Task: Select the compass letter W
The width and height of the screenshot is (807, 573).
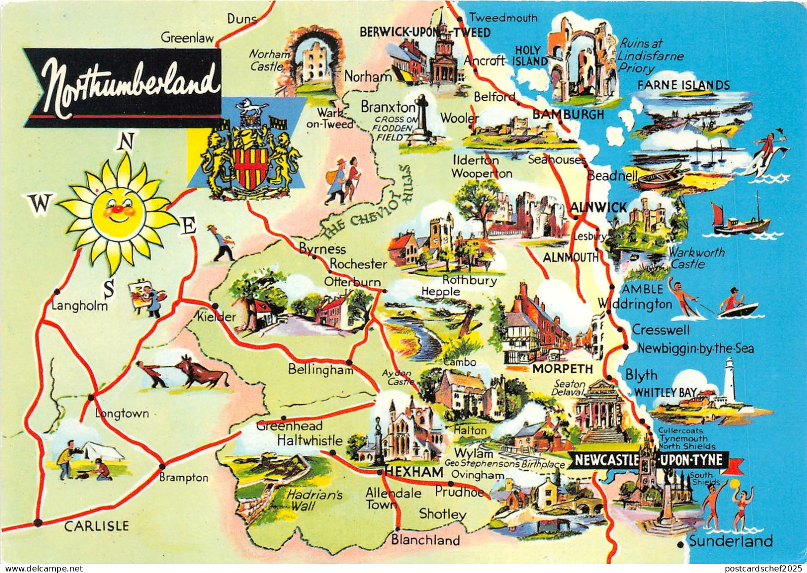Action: click(40, 204)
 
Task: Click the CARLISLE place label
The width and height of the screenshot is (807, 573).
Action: click(96, 526)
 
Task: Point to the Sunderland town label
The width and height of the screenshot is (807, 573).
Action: click(731, 541)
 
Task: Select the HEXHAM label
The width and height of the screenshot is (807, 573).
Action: click(414, 472)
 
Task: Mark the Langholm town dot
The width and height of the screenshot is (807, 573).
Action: click(56, 291)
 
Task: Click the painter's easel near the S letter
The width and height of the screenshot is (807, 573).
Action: click(138, 293)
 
